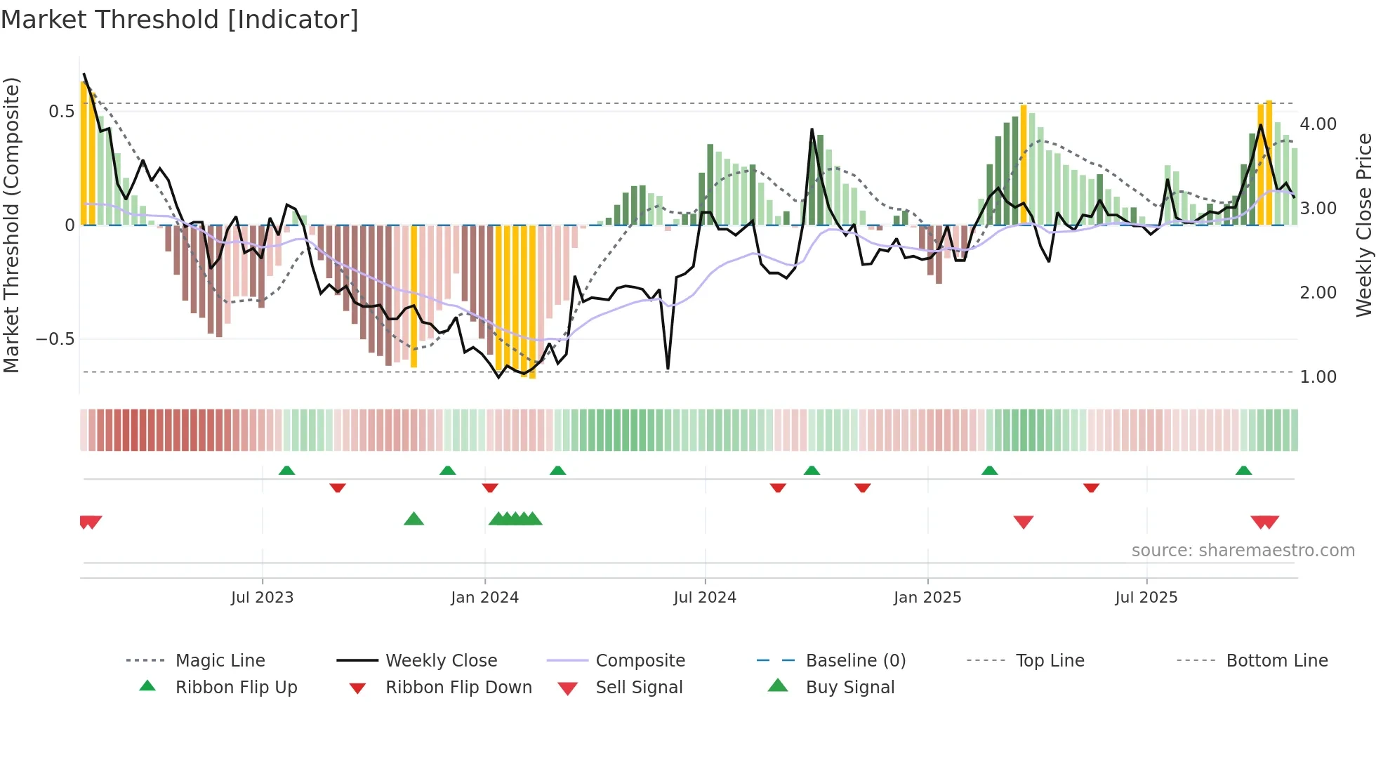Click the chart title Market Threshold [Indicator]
click(180, 20)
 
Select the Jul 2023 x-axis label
click(262, 598)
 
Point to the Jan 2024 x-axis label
click(484, 598)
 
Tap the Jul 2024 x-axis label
click(705, 598)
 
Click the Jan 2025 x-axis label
click(927, 598)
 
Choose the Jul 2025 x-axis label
click(1146, 598)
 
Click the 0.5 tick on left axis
click(61, 112)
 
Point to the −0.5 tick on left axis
click(55, 339)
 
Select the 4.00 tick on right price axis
click(1318, 124)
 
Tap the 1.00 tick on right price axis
click(1318, 377)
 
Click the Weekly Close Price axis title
click(1363, 225)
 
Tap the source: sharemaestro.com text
click(1243, 551)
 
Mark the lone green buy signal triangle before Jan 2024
click(414, 519)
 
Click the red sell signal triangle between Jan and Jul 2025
click(1024, 522)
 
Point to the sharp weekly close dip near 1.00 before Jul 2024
click(668, 367)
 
